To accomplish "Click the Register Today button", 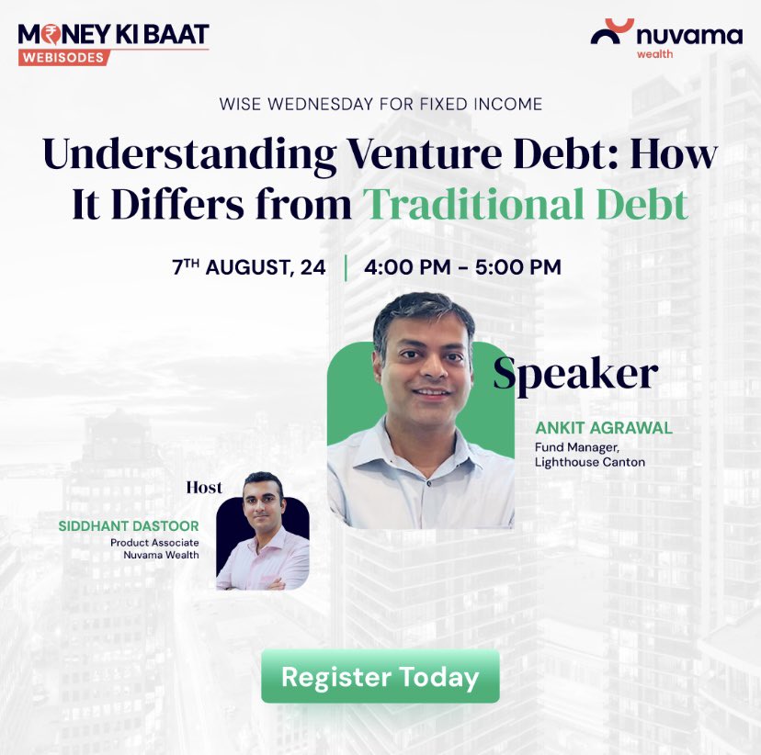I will (x=380, y=677).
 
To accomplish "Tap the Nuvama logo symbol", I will (x=611, y=32).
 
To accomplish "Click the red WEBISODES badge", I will (x=63, y=57).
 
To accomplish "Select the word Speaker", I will (x=575, y=374).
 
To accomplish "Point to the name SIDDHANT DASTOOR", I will (x=128, y=527).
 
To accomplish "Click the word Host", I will (x=204, y=487).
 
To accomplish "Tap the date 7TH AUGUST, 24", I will (x=248, y=267).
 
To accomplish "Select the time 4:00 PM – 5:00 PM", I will (x=462, y=267).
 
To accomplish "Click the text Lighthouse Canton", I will (x=590, y=461).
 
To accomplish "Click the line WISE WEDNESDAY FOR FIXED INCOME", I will (x=380, y=104).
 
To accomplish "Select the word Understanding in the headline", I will (x=189, y=152).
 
